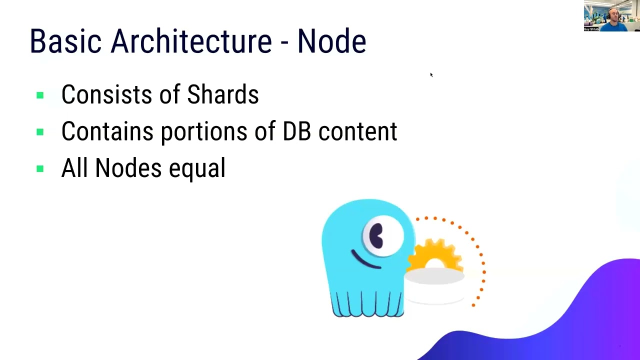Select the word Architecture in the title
point(191,41)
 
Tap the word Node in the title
point(331,41)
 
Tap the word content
point(357,131)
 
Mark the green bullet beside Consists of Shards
point(40,95)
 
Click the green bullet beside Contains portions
point(40,132)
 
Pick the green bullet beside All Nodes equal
point(40,169)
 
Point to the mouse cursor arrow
point(431,75)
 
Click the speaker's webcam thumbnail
point(611,16)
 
